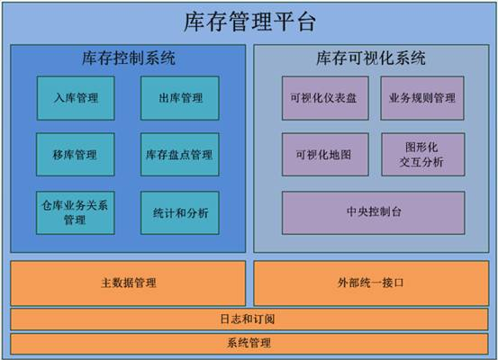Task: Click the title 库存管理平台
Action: click(x=249, y=22)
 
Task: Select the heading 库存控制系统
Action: click(x=129, y=58)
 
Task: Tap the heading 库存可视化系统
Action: click(x=371, y=58)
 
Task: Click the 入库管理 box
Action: click(x=76, y=98)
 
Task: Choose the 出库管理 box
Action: click(x=180, y=98)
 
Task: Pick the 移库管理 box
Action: click(x=76, y=155)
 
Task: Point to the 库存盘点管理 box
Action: click(x=180, y=155)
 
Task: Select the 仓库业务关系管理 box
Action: click(x=76, y=213)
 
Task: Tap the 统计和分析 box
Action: click(x=180, y=213)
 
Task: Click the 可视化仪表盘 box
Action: click(x=325, y=98)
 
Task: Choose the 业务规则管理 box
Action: click(x=422, y=98)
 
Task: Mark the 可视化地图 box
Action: click(x=325, y=155)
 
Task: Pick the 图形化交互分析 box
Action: click(x=422, y=155)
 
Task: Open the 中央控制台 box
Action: click(x=373, y=213)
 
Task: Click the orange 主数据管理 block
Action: click(x=128, y=283)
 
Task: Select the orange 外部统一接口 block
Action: click(x=371, y=283)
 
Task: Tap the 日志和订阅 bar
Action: click(x=249, y=319)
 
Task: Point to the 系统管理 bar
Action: click(x=249, y=344)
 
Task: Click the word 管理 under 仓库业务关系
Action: click(x=75, y=220)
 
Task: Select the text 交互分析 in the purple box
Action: click(x=421, y=162)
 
